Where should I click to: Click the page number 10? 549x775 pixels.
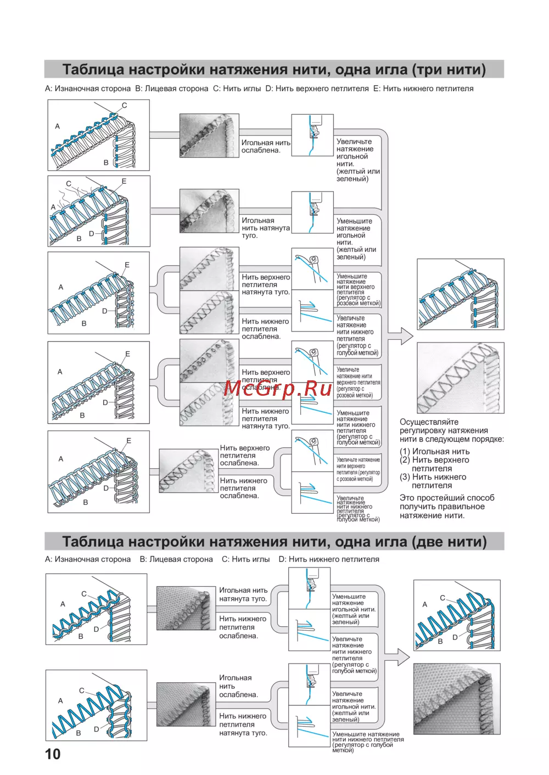53,754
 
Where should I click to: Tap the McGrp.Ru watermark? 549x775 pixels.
278,387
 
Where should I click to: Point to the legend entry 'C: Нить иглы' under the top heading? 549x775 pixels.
237,88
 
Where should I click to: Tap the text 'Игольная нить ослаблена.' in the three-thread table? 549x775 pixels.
266,147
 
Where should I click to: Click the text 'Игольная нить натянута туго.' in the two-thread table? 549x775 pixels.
243,594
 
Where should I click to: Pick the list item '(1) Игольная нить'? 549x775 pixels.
435,452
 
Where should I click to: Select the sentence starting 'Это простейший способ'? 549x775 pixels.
446,507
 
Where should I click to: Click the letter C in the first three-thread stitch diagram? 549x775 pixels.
124,105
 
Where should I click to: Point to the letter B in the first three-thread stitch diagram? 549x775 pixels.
106,162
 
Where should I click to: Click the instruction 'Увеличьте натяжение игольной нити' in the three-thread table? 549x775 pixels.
357,160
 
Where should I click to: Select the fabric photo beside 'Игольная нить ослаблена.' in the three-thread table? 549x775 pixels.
209,136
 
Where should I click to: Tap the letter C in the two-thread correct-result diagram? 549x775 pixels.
442,598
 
